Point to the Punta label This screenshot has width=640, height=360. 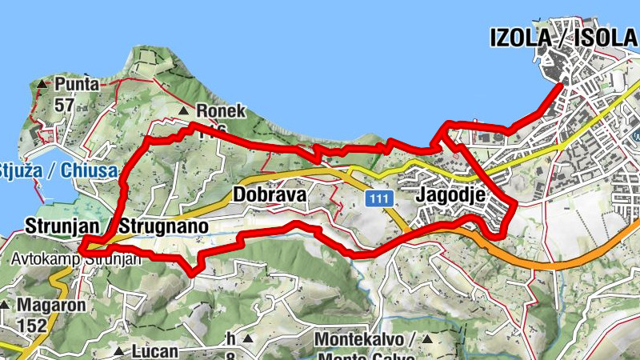pyautogui.click(x=78, y=84)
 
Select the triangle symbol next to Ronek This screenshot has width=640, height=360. pyautogui.click(x=185, y=111)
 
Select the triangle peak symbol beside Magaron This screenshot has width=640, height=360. pyautogui.click(x=6, y=305)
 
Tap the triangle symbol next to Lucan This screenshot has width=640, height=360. pyautogui.click(x=118, y=351)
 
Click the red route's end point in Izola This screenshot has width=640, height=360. pyautogui.click(x=558, y=82)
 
